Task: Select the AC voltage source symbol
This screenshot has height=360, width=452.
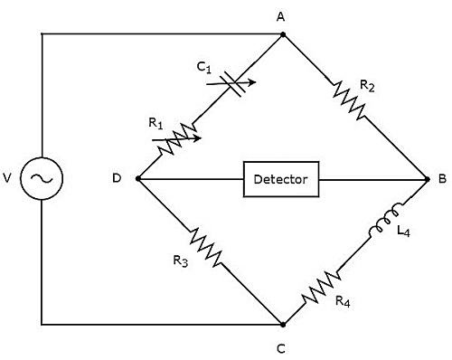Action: click(x=42, y=178)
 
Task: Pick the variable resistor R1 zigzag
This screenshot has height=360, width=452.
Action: click(x=177, y=138)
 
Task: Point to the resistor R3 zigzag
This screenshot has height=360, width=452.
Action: click(x=206, y=247)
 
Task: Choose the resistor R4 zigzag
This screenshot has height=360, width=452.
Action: click(x=322, y=287)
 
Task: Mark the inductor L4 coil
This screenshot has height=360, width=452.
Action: click(x=384, y=221)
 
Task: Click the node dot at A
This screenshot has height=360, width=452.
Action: click(x=283, y=34)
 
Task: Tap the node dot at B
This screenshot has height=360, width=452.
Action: click(x=427, y=179)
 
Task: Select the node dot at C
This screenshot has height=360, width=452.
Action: click(x=283, y=325)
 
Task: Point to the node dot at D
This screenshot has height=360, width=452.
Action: click(x=138, y=179)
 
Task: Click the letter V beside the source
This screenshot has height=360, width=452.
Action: click(x=7, y=178)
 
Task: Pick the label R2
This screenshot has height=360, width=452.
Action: click(x=367, y=87)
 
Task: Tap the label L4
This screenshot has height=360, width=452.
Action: click(x=403, y=232)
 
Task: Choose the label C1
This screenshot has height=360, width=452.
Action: click(x=204, y=68)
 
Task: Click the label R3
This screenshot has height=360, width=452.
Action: click(x=181, y=261)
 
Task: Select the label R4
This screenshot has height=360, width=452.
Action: click(x=343, y=301)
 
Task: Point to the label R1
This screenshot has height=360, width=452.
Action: click(x=155, y=124)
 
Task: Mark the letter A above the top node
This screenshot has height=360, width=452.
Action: click(x=281, y=17)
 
